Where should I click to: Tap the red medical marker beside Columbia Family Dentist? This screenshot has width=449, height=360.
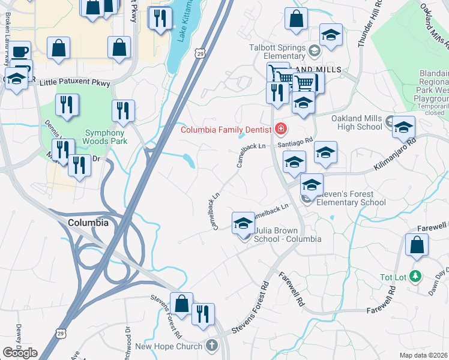[280, 128]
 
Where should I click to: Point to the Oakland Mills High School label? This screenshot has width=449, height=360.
[357, 122]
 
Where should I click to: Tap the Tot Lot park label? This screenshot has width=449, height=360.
[394, 277]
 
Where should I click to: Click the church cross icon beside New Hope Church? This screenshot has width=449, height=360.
[211, 346]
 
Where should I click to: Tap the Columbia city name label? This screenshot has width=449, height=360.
[88, 223]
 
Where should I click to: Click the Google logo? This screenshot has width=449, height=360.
[20, 353]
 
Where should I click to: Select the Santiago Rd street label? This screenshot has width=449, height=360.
[295, 144]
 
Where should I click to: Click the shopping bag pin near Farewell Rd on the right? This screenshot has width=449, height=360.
[417, 245]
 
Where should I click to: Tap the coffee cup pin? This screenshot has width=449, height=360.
[19, 51]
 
